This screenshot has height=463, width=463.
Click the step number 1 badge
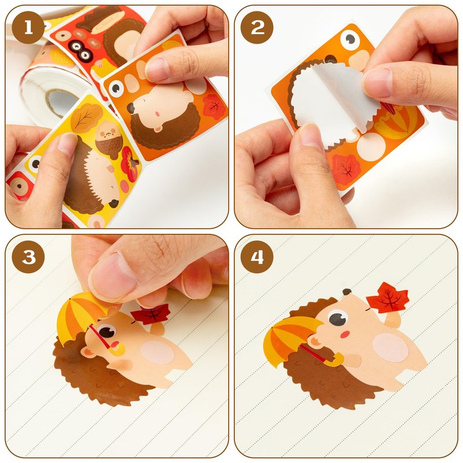28,28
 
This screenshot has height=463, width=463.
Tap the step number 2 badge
257,28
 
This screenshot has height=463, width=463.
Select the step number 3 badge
28,257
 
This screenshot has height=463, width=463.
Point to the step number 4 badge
257,257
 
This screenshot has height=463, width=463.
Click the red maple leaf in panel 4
388,297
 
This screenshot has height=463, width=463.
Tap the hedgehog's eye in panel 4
338,318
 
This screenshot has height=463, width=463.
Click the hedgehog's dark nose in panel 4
347,292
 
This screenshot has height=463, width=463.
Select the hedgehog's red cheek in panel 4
344,335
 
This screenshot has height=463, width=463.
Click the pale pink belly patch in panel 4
390,348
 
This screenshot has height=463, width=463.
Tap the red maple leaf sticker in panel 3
150,314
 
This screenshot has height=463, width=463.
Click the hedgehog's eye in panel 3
107,331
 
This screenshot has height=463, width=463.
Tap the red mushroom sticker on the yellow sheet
130,163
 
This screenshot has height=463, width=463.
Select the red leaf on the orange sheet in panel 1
214,106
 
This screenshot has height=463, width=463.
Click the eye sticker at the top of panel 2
350,39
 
